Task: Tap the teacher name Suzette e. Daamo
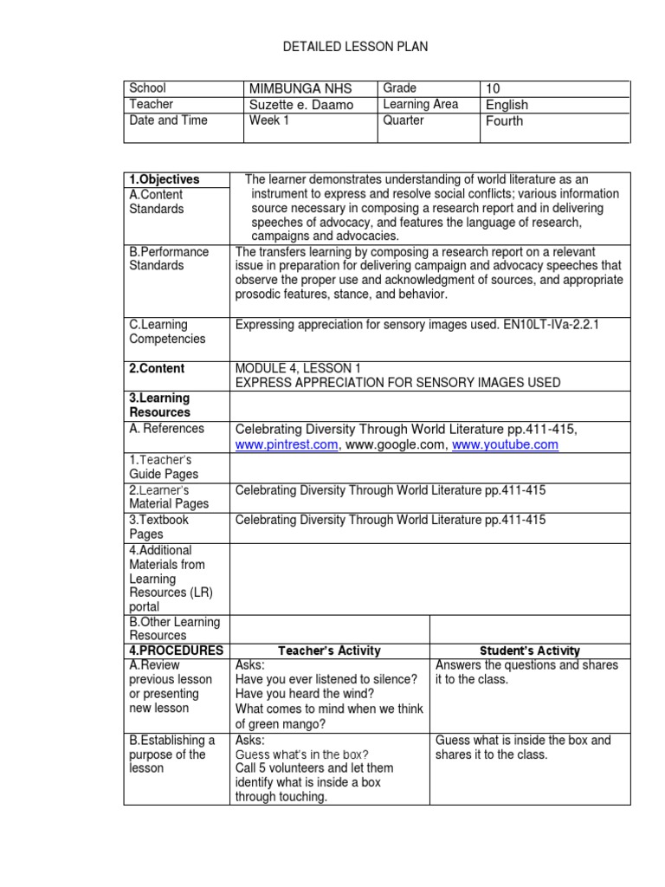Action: [x=300, y=105]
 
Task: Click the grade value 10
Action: [x=494, y=88]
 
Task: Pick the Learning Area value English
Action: [x=507, y=105]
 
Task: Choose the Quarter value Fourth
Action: [x=505, y=121]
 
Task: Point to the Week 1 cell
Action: [x=264, y=120]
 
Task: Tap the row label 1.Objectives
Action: [x=165, y=179]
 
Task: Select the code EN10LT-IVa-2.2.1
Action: [x=546, y=325]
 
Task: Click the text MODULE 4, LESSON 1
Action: [x=295, y=368]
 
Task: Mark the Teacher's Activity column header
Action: [x=329, y=651]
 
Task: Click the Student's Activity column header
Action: [x=530, y=651]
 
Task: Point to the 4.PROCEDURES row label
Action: [x=176, y=651]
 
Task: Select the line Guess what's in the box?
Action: [x=301, y=754]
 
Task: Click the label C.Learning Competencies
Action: [x=167, y=332]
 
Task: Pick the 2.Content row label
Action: [x=157, y=368]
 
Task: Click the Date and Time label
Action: [x=168, y=120]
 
